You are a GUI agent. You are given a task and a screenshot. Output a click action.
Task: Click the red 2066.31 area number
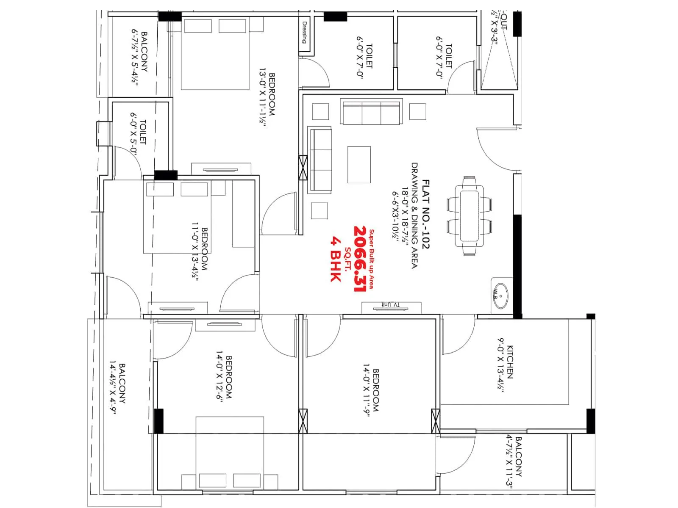pyautogui.click(x=360, y=259)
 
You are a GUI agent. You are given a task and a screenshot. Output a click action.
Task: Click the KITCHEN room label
pyautogui.click(x=510, y=362)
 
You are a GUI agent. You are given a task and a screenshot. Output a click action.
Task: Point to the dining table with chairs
pyautogui.click(x=470, y=216)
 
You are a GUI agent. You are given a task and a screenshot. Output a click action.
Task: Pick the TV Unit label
pyautogui.click(x=391, y=304)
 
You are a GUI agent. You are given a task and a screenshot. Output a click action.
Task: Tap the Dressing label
pyautogui.click(x=304, y=33)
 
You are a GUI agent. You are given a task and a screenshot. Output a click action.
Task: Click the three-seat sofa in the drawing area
pyautogui.click(x=372, y=112)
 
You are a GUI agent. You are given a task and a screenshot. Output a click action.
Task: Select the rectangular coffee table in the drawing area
pyautogui.click(x=359, y=165)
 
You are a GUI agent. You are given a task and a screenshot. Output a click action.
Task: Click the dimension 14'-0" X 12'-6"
pyautogui.click(x=219, y=377)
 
